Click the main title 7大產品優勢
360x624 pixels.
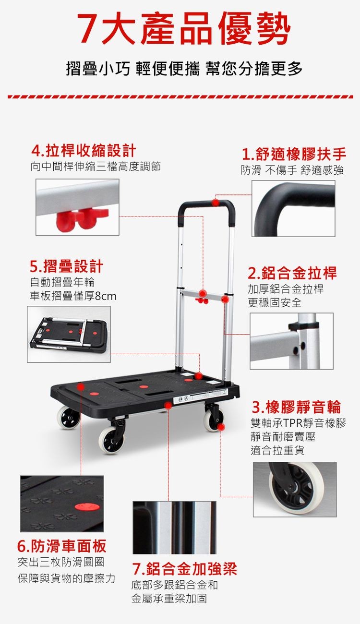(x=184, y=29)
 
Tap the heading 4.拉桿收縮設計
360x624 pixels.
(x=84, y=151)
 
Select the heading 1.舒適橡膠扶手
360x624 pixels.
(x=294, y=155)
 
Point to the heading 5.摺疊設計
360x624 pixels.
(x=67, y=266)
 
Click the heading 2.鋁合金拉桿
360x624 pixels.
(x=292, y=273)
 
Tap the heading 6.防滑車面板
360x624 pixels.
(x=62, y=546)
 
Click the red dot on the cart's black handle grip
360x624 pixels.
(x=215, y=203)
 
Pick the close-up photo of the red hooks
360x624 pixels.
(x=77, y=207)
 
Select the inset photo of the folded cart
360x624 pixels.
(x=69, y=334)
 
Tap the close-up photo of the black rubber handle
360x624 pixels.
(x=293, y=208)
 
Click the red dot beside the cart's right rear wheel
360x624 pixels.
(x=221, y=427)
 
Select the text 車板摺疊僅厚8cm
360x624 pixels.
(x=73, y=296)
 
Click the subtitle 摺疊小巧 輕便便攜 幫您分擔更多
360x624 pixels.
(x=184, y=69)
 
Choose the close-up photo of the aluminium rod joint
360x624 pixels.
(x=291, y=341)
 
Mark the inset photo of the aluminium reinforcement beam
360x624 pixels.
(x=174, y=528)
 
